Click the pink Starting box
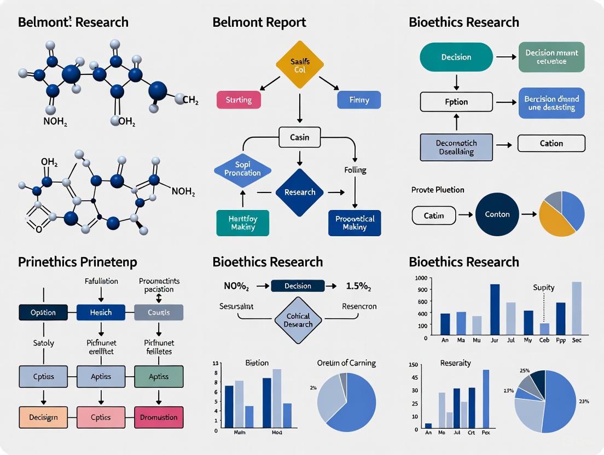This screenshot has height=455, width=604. (x=239, y=100)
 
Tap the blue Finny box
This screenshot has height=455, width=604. (x=358, y=100)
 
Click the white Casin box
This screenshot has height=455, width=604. (x=299, y=137)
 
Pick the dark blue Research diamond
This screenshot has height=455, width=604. (x=300, y=192)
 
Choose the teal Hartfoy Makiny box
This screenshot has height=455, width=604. (x=242, y=223)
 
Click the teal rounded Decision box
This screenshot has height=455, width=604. (x=456, y=57)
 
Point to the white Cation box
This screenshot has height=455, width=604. (x=551, y=143)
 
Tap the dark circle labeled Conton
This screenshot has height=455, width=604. (x=498, y=214)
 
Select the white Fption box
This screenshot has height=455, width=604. (x=456, y=102)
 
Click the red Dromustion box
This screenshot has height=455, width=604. (x=159, y=417)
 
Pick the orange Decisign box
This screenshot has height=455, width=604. (x=43, y=417)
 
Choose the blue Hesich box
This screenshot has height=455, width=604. (x=101, y=312)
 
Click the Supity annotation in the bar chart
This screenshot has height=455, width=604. (x=543, y=287)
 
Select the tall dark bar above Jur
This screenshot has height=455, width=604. (x=495, y=309)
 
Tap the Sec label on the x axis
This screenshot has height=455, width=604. (x=577, y=340)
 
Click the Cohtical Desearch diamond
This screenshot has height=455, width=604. (x=298, y=320)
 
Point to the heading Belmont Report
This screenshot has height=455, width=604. (x=259, y=22)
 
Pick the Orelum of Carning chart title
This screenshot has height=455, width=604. (x=346, y=363)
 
